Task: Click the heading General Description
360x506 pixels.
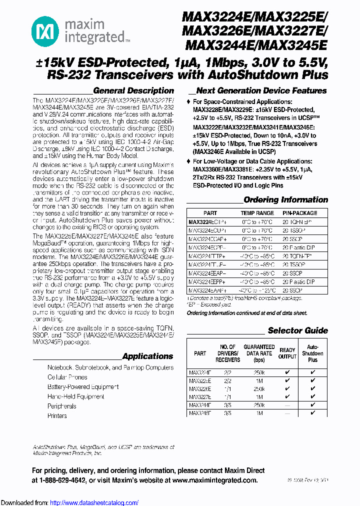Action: click(133, 90)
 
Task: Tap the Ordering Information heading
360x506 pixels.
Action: click(285, 200)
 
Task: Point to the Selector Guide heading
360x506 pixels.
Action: click(297, 330)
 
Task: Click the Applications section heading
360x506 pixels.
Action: click(147, 356)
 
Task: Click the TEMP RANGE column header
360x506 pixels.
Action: click(257, 212)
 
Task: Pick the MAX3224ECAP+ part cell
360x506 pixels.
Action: click(207, 238)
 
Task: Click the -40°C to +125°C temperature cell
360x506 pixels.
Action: click(257, 290)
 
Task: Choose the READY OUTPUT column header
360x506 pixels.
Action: click(287, 353)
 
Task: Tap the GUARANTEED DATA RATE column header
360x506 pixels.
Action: click(258, 353)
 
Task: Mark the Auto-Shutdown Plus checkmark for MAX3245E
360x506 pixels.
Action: click(312, 413)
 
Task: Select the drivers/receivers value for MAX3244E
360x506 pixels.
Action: click(227, 405)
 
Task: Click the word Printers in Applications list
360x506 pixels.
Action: click(57, 415)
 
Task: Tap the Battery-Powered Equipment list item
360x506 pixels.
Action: click(83, 387)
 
